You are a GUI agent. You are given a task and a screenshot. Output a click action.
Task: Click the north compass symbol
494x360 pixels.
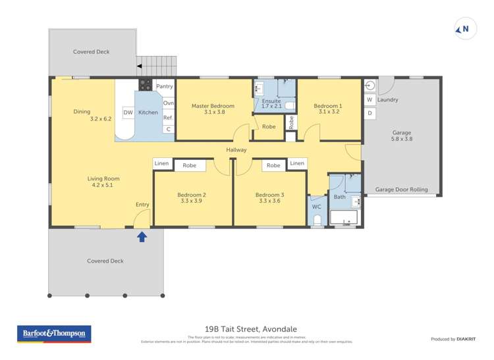pyautogui.click(x=465, y=29)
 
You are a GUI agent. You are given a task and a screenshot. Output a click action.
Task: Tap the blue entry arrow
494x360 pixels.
pyautogui.click(x=142, y=236)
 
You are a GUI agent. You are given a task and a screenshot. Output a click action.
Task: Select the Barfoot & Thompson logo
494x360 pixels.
pyautogui.click(x=54, y=334)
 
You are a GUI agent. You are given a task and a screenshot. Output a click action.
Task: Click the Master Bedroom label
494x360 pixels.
pyautogui.click(x=213, y=106)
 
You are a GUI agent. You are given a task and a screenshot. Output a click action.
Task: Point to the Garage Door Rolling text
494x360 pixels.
pyautogui.click(x=401, y=190)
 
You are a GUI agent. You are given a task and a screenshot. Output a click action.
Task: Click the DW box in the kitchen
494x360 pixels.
pyautogui.click(x=128, y=113)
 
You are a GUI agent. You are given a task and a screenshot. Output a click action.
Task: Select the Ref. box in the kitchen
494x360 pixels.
pyautogui.click(x=168, y=118)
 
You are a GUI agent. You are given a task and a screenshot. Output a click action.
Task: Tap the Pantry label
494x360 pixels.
pyautogui.click(x=165, y=86)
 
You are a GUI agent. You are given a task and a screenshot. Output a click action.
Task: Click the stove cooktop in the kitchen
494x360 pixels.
pyautogui.click(x=146, y=84)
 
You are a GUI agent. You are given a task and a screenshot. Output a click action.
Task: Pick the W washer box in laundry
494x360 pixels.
pyautogui.click(x=370, y=100)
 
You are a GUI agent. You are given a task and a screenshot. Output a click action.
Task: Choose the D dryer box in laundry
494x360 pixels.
pyautogui.click(x=370, y=113)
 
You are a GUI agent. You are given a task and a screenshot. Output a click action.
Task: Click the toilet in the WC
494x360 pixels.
pyautogui.click(x=317, y=219)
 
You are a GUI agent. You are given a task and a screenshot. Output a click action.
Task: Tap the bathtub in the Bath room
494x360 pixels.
pyautogui.click(x=343, y=218)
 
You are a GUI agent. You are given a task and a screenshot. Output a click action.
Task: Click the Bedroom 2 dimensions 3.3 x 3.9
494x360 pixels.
pyautogui.click(x=192, y=201)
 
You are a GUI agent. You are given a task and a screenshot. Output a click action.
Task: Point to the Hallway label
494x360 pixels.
pyautogui.click(x=236, y=150)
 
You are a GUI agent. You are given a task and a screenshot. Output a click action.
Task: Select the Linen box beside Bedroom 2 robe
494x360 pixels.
pyautogui.click(x=162, y=163)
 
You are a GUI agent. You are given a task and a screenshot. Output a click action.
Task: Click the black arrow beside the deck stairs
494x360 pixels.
pyautogui.click(x=140, y=66)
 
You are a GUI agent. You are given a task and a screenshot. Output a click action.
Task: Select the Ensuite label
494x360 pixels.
pyautogui.click(x=271, y=101)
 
